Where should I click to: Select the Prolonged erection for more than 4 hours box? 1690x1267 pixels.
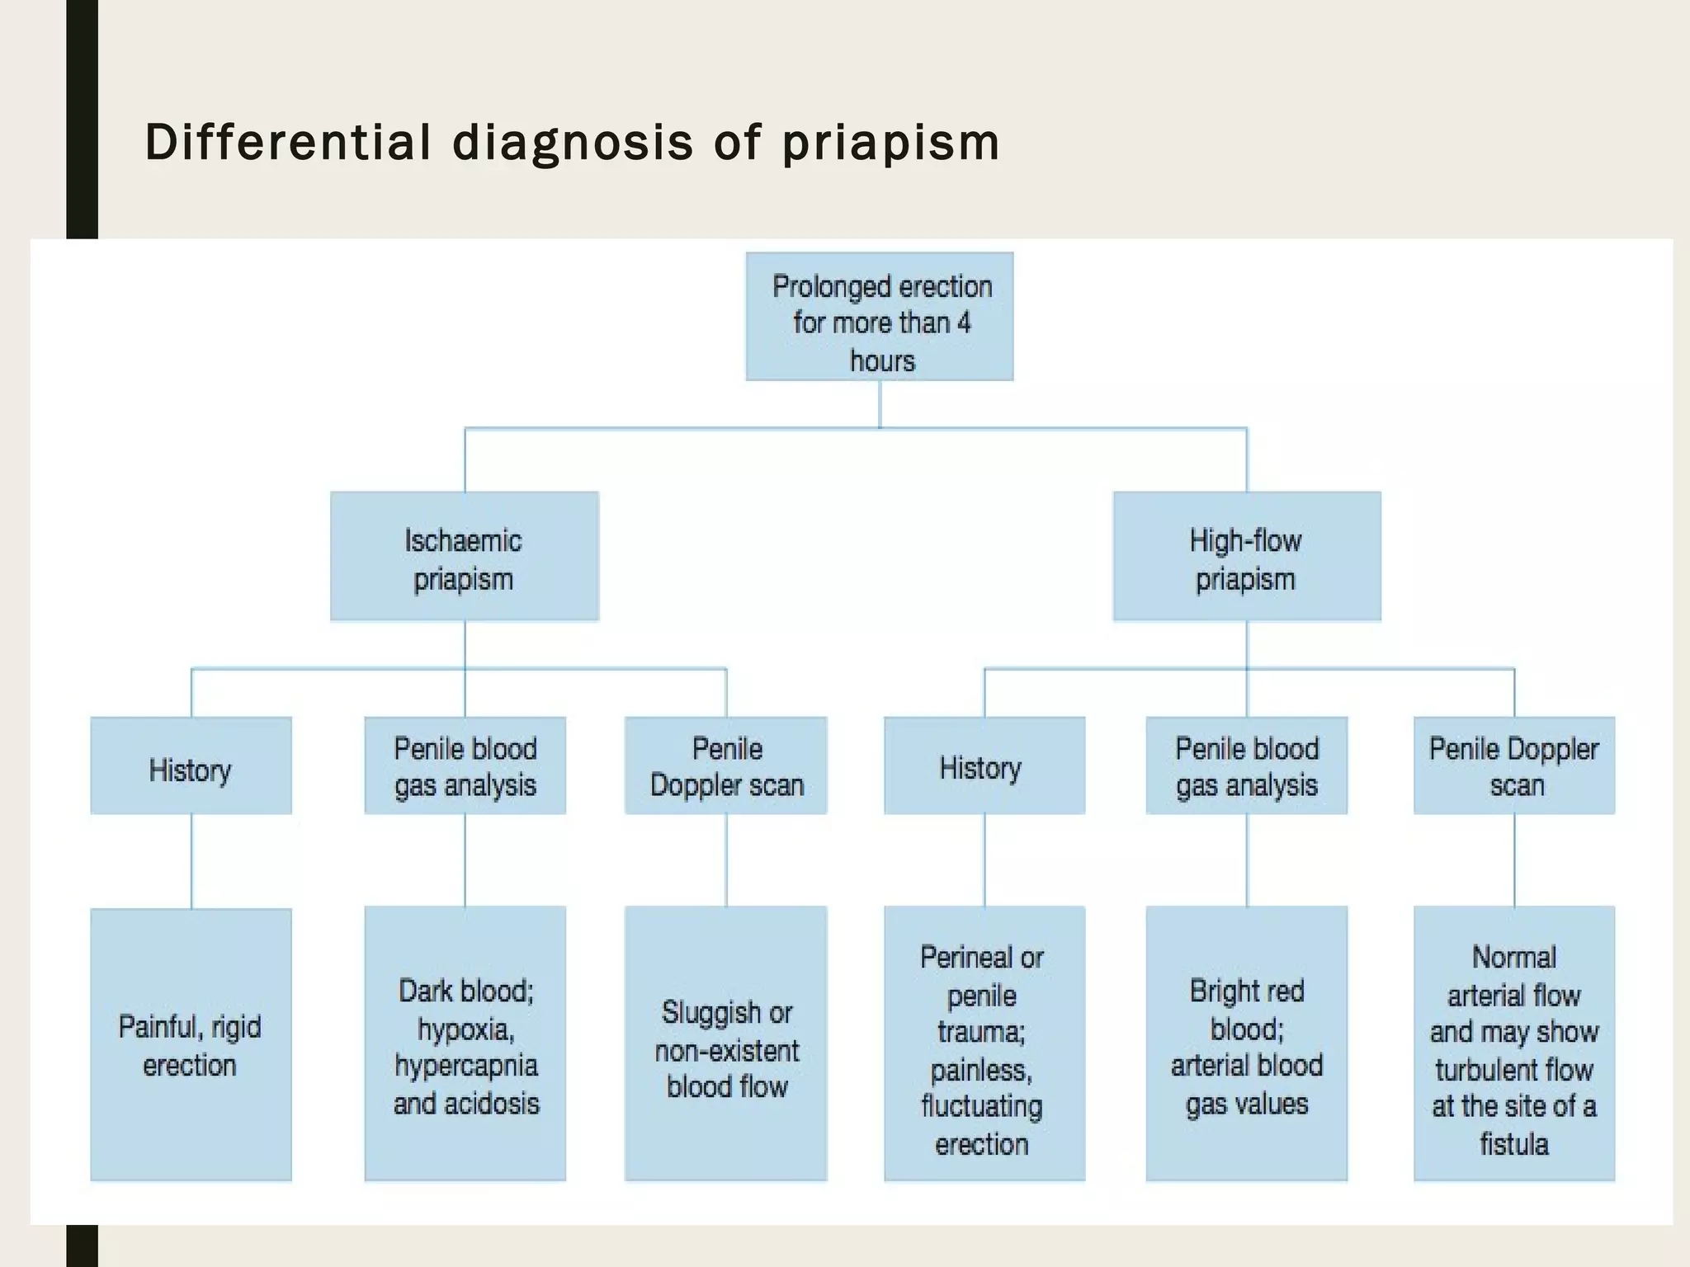(880, 317)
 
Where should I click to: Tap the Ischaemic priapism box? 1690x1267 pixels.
(464, 556)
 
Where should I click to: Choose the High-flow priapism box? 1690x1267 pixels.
(1246, 556)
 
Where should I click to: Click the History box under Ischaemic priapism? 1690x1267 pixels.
(191, 765)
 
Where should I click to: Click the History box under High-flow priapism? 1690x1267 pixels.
(984, 765)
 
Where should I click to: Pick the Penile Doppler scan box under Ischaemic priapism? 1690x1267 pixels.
(726, 765)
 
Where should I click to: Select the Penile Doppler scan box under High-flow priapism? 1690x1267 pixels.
(1514, 765)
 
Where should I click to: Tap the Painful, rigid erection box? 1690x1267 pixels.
(191, 1044)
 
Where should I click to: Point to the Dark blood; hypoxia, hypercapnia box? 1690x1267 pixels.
(465, 1044)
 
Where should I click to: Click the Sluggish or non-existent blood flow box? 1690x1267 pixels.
(726, 1044)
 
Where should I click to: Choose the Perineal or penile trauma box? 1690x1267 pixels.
(984, 1044)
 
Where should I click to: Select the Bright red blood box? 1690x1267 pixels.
(1246, 1044)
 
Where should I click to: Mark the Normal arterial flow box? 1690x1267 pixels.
(1514, 1044)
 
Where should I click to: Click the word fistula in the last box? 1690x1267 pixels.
(1513, 1145)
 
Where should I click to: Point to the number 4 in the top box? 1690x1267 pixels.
(964, 323)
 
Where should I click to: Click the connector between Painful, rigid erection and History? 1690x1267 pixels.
(191, 861)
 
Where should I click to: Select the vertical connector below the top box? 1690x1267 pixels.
(880, 404)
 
